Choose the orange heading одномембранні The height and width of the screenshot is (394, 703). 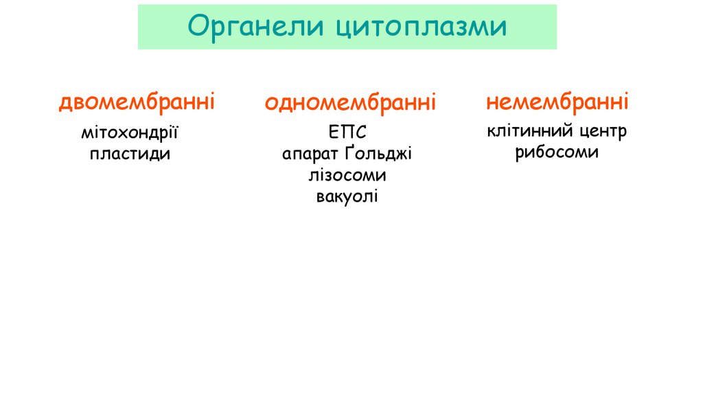(350, 103)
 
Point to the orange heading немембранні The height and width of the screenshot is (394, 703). (557, 102)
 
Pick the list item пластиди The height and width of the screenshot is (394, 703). (130, 154)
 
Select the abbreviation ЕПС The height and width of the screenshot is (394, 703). (347, 132)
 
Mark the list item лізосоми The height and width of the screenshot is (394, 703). (347, 175)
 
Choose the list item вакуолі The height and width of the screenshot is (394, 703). (347, 197)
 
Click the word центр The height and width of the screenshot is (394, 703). (602, 131)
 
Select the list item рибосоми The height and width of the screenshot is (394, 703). (557, 152)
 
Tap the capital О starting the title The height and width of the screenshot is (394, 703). (198, 27)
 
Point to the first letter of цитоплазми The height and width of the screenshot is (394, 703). (343, 28)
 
